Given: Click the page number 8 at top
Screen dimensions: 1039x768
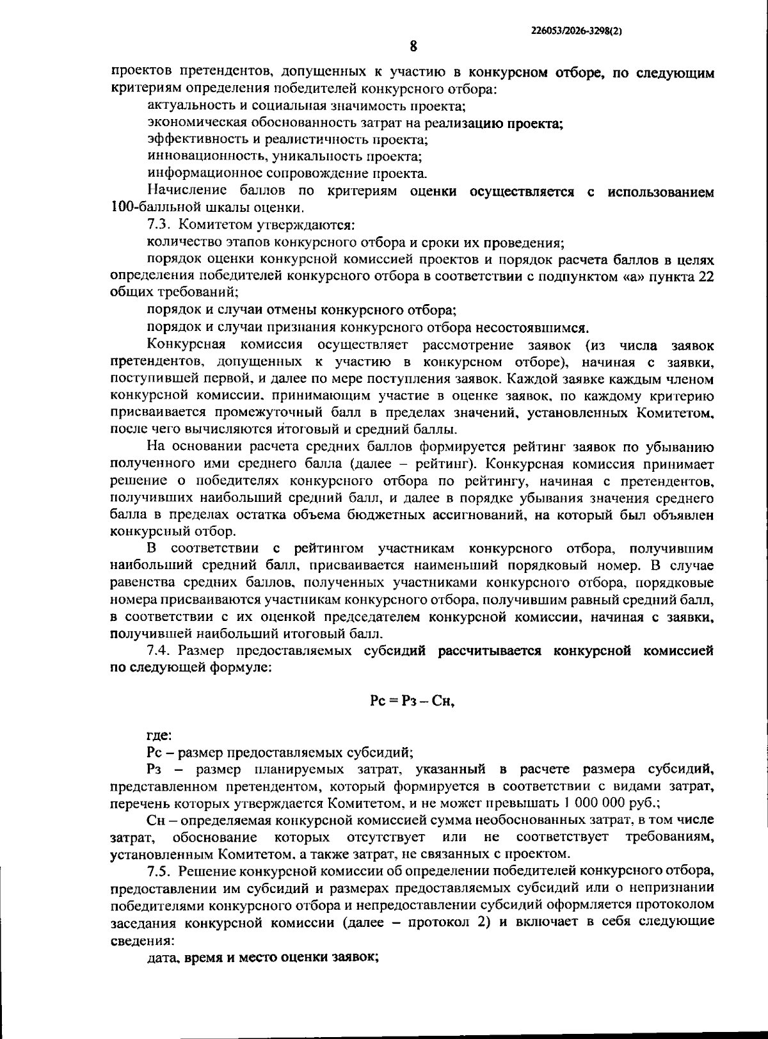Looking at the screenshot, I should (413, 46).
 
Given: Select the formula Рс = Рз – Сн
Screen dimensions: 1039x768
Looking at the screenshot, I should (412, 701).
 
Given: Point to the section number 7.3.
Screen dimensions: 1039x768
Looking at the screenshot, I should (159, 225).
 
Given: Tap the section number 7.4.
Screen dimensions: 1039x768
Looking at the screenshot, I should (159, 651).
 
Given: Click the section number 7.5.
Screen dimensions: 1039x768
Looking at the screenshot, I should (159, 871).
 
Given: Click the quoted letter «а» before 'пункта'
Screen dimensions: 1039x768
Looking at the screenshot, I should (636, 276).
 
